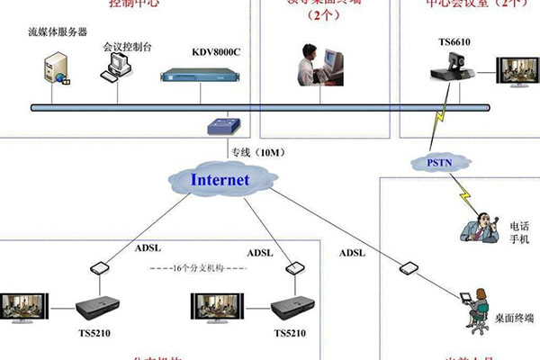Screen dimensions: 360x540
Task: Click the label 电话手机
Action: (x=521, y=232)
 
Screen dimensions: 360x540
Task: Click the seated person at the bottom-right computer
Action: (x=468, y=306)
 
